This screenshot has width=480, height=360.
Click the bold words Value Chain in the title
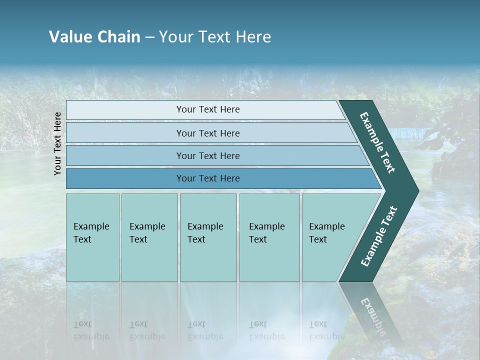94,37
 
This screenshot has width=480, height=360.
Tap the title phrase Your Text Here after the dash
214,37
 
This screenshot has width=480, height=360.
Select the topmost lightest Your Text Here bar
207,109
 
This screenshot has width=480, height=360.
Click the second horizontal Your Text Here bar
207,133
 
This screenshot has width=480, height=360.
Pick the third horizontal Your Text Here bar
207,155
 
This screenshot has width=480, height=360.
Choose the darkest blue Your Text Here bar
207,178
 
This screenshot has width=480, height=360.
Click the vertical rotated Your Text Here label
57,143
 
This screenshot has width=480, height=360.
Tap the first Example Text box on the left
92,237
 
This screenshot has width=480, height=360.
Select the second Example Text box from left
149,237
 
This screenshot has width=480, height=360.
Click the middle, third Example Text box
207,237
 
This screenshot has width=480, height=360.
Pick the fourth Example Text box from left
269,237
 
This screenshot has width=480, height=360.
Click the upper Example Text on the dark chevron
377,142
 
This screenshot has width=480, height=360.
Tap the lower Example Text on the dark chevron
379,236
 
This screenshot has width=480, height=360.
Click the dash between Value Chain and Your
149,37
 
